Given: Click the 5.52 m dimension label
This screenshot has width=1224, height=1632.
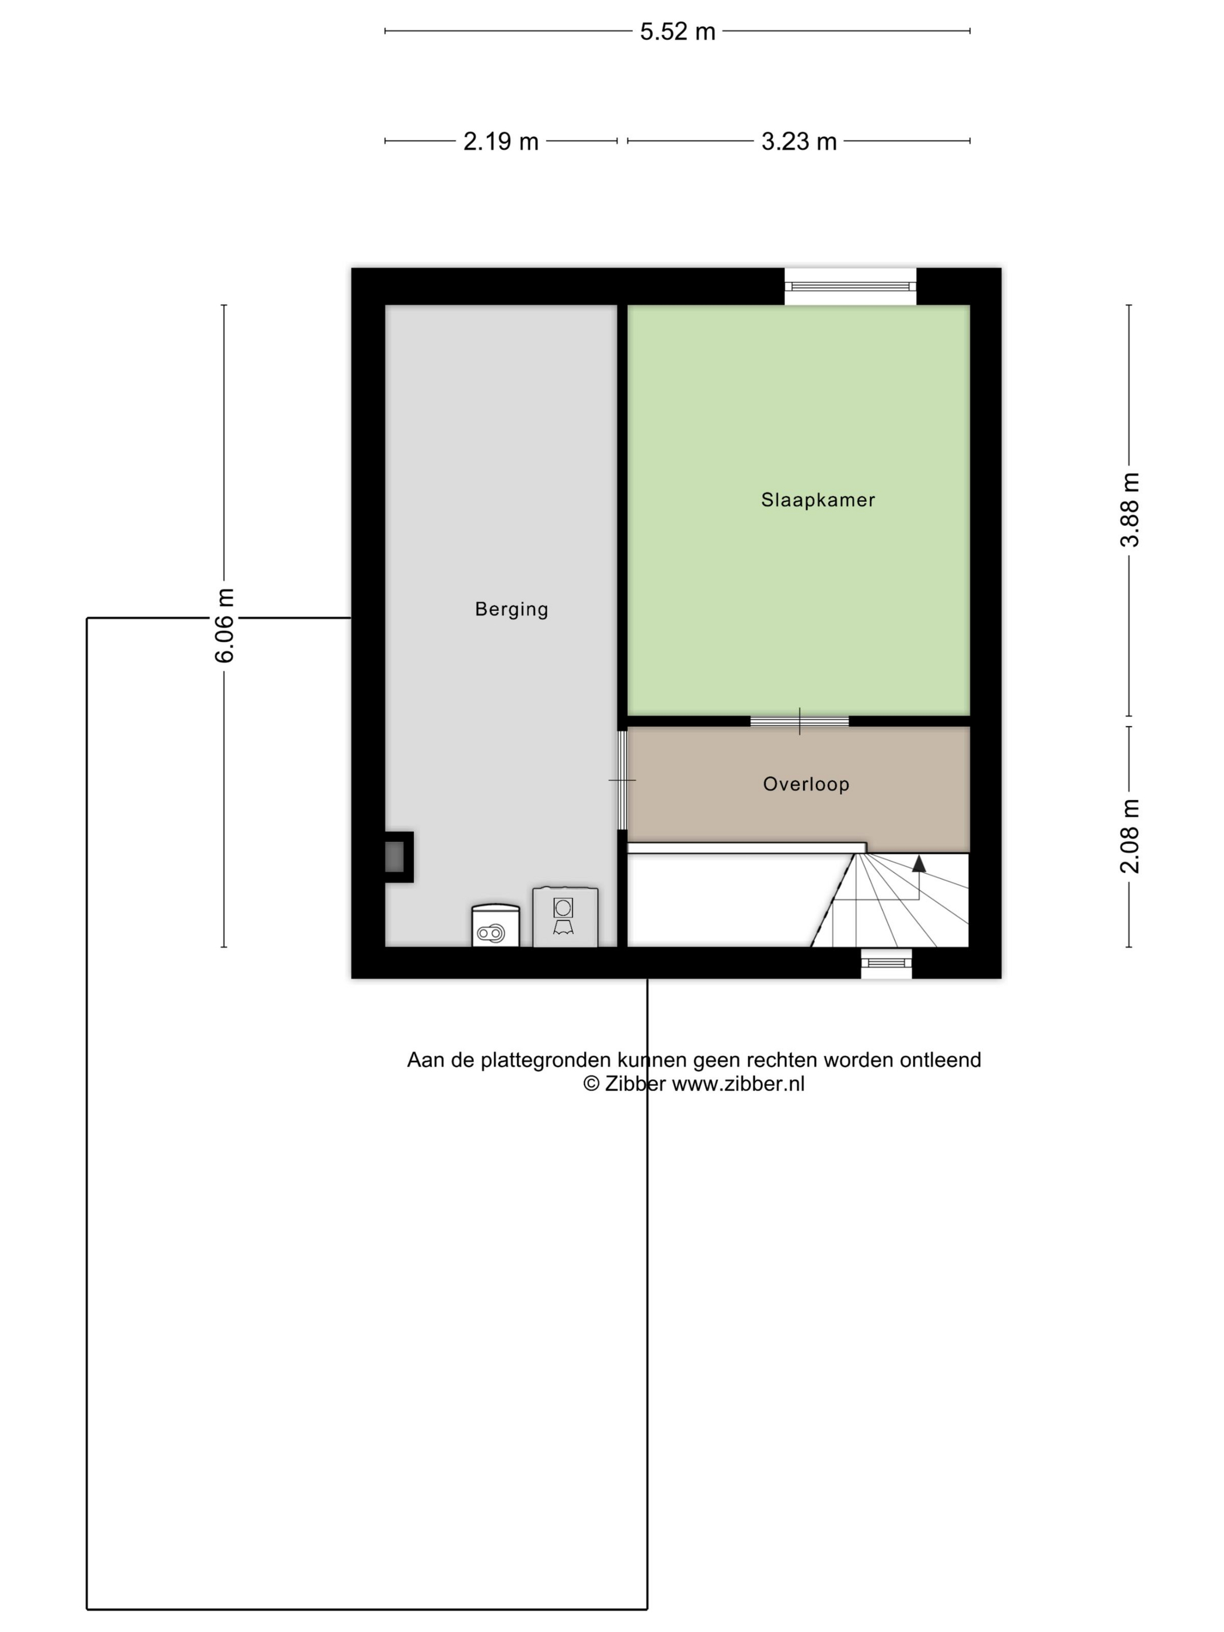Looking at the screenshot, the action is (x=677, y=31).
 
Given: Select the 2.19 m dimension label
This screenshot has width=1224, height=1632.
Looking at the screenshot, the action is (x=500, y=141).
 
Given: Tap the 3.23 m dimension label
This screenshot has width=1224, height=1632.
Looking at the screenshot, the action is (x=799, y=141).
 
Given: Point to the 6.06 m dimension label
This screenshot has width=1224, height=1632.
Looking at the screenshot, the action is (x=224, y=625).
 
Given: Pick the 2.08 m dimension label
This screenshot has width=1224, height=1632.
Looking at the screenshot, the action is (x=1130, y=836).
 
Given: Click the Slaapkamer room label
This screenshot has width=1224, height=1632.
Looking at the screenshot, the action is (x=818, y=500).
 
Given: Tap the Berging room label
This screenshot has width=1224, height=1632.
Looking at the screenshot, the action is (x=511, y=610).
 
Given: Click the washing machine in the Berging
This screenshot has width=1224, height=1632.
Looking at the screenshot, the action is (x=565, y=916).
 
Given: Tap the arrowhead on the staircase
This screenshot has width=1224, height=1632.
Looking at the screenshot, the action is (x=919, y=863).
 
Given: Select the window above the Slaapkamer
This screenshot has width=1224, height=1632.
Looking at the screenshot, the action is (x=849, y=286).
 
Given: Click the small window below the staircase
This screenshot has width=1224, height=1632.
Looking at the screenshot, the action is (x=886, y=962).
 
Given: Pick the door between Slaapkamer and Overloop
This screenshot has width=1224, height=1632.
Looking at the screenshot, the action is (x=799, y=721).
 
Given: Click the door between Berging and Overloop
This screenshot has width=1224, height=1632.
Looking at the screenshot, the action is (x=622, y=780).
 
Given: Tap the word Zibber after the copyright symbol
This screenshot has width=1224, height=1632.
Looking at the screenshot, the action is (x=635, y=1084).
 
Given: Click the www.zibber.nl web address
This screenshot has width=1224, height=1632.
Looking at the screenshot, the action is (x=738, y=1084).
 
